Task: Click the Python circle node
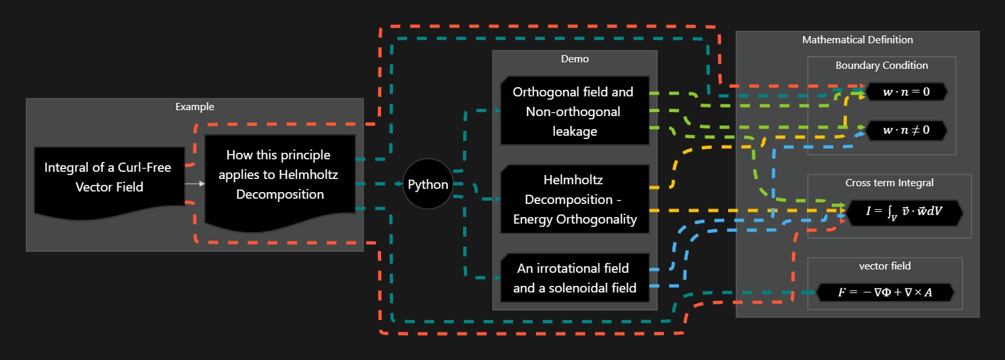tap(428, 184)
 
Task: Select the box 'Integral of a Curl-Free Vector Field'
tap(109, 177)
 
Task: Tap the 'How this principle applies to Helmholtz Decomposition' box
tap(279, 175)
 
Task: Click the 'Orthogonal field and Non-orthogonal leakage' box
tap(574, 111)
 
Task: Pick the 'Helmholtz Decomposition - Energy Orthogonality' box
tap(574, 199)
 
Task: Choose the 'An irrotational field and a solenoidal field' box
tap(574, 277)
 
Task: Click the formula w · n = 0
tap(906, 92)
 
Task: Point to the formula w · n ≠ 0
tap(906, 130)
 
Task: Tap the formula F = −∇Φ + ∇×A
tap(884, 292)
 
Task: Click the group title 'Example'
tap(195, 106)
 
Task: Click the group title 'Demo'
tap(575, 59)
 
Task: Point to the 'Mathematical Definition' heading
tap(857, 40)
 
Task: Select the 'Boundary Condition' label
tap(881, 66)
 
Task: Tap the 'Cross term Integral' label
tap(889, 183)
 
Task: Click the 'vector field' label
tap(884, 266)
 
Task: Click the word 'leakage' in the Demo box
tap(574, 131)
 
